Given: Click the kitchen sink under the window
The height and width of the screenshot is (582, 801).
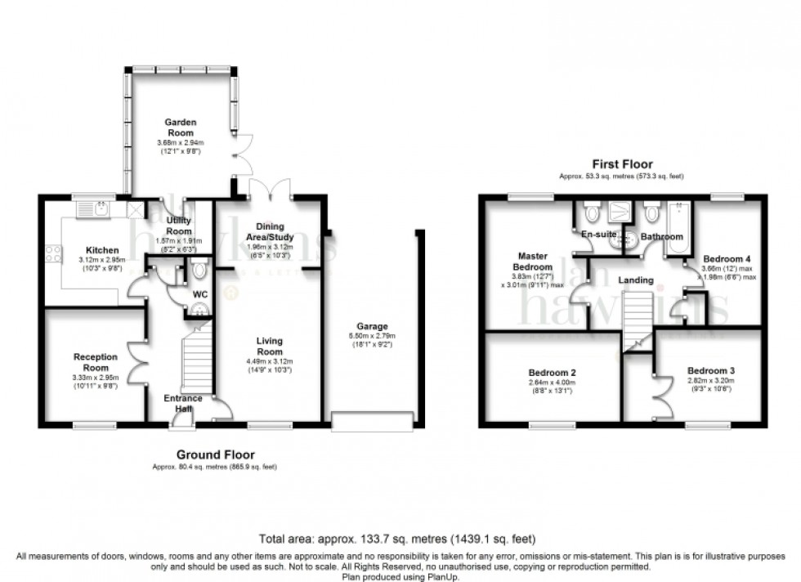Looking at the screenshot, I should (96, 211).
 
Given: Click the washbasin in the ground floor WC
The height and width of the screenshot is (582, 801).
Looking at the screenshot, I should (196, 310).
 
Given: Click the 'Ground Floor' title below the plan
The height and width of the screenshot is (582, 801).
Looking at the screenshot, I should (216, 454).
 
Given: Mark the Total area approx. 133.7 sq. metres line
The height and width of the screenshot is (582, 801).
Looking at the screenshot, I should (397, 539).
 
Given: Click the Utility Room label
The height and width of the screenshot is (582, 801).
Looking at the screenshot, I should (179, 226).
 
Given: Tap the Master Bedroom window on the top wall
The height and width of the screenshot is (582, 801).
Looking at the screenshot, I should (521, 196).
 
